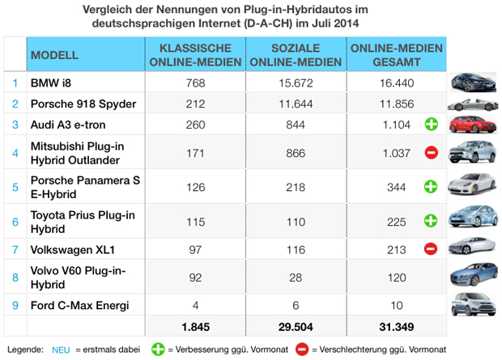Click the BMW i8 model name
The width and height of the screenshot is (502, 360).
click(x=49, y=83)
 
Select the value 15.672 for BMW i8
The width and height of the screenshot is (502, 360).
click(x=296, y=83)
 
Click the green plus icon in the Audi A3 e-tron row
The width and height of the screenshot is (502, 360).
click(x=432, y=125)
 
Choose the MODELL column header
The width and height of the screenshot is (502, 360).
click(x=54, y=55)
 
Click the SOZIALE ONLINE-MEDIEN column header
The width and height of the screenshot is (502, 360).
click(x=296, y=55)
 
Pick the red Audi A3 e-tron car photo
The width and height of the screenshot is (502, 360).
click(x=471, y=125)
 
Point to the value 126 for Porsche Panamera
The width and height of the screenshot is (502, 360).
click(x=195, y=185)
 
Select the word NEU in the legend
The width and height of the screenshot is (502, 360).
click(x=62, y=349)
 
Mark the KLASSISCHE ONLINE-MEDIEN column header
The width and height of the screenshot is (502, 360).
click(x=195, y=55)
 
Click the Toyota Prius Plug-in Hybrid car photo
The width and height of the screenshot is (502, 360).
click(x=471, y=218)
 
